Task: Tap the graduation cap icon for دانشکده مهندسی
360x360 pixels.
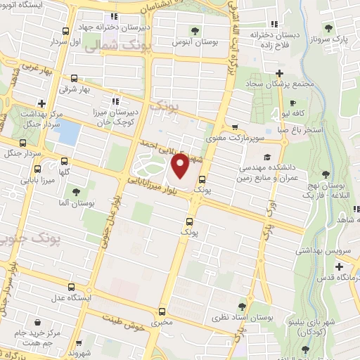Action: click(x=266, y=157)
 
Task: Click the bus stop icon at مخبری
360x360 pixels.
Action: click(x=162, y=311)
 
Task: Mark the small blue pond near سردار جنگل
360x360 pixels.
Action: click(x=67, y=131)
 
